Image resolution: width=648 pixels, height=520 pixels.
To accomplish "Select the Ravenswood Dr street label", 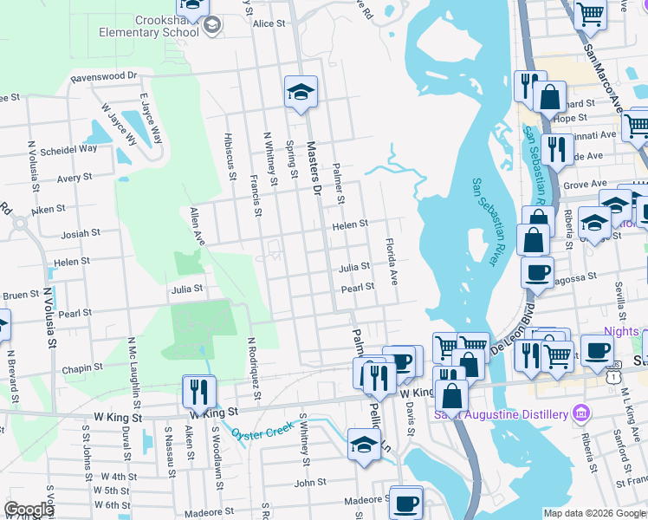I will (105, 76).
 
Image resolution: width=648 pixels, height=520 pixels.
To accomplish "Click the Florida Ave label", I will (392, 262).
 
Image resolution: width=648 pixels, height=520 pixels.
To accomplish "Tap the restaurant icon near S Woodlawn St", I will (198, 391).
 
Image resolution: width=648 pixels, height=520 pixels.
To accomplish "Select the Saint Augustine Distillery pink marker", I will (580, 411).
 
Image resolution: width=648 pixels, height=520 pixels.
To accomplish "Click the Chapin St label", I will (82, 368).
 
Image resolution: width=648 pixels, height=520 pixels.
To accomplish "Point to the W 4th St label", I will (119, 477).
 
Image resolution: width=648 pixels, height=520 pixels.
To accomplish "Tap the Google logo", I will (29, 510).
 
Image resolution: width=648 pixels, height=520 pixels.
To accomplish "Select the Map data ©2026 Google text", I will (594, 513).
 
